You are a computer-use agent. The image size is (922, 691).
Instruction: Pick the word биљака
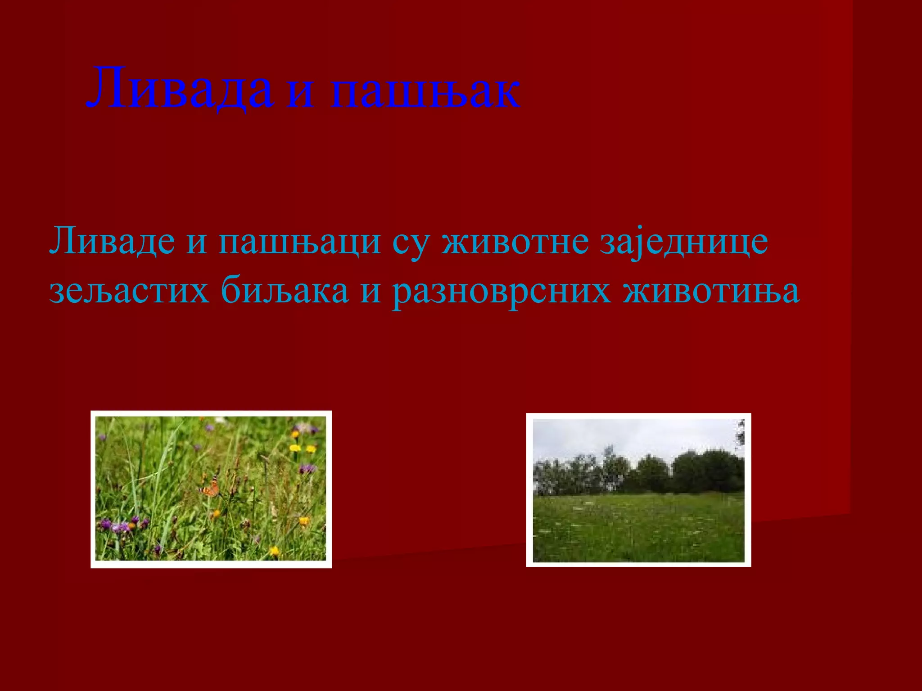[x=285, y=290]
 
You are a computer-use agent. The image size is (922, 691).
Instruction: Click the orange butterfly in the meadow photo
[x=210, y=489]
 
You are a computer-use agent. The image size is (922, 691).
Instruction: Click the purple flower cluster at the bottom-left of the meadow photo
[x=120, y=525]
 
